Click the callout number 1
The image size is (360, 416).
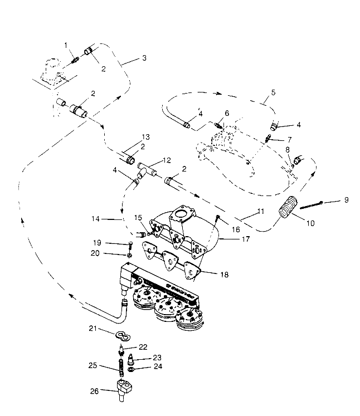click(x=65, y=45)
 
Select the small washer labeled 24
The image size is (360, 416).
click(x=130, y=368)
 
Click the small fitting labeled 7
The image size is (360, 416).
click(x=269, y=138)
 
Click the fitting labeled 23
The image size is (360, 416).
click(x=130, y=359)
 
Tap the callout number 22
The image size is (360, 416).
click(x=143, y=346)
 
